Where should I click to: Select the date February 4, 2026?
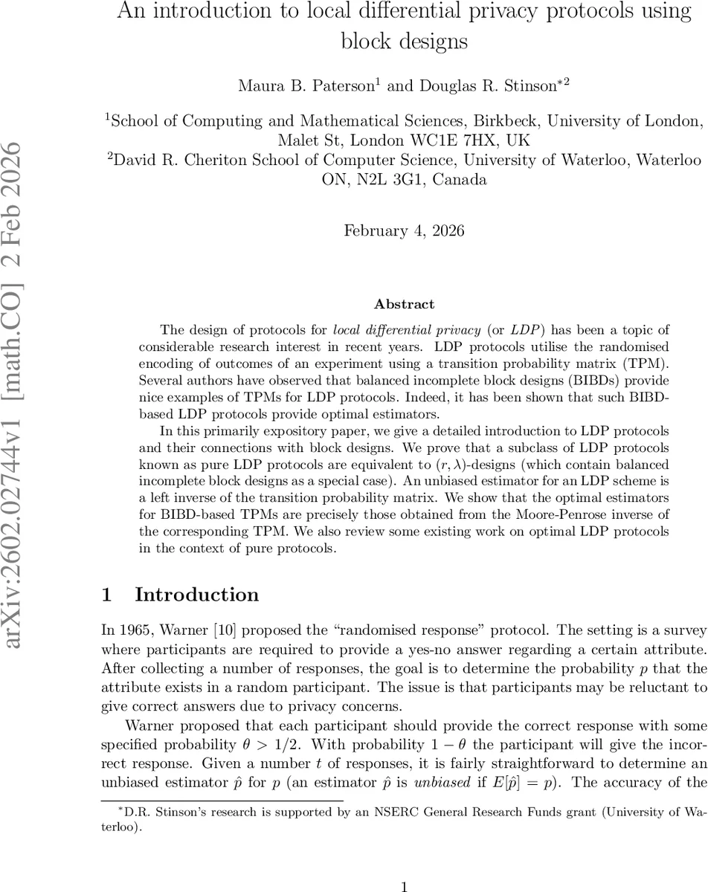tap(404, 230)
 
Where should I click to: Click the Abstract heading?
tap(404, 304)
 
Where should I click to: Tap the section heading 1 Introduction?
tap(180, 595)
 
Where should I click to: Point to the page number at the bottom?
tap(404, 867)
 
